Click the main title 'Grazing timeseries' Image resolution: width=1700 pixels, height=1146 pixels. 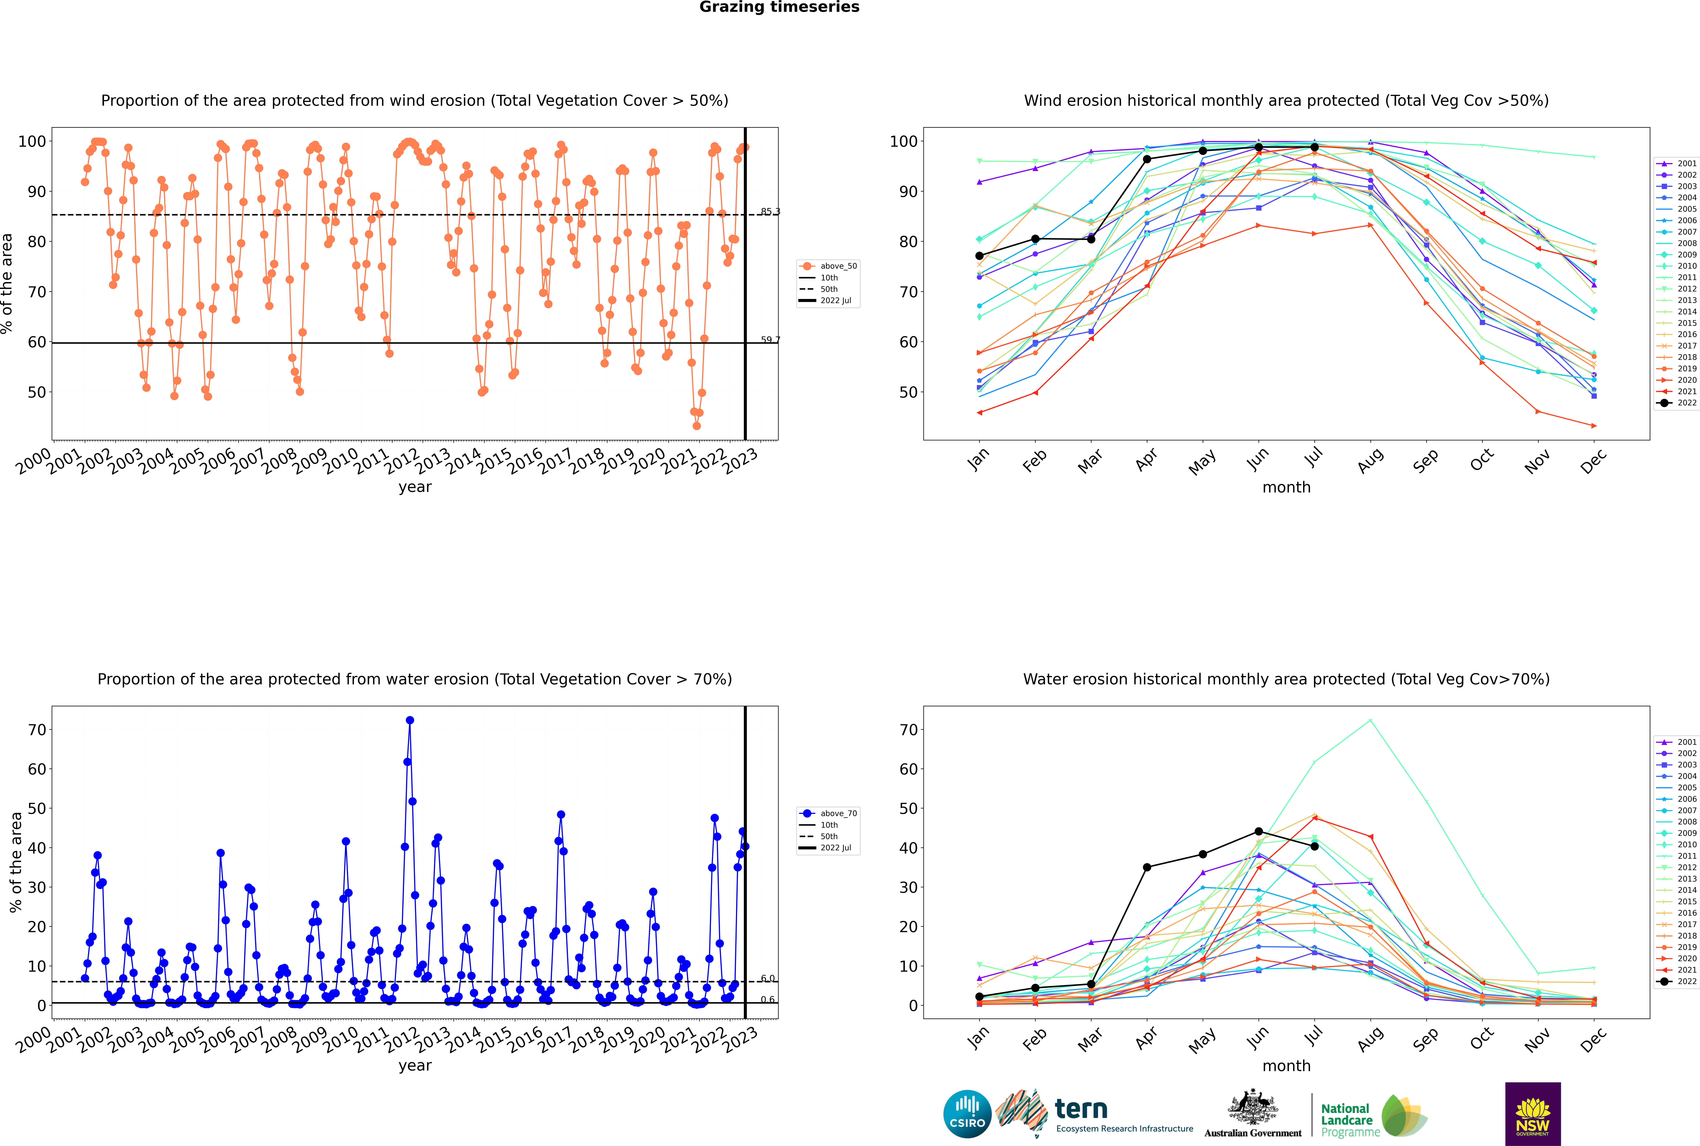tap(779, 7)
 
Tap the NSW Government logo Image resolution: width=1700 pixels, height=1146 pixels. tap(1533, 1113)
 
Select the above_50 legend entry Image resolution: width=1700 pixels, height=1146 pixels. tap(828, 266)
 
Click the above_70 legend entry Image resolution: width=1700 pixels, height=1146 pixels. tap(828, 814)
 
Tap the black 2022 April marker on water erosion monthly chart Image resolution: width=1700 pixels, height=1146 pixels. tap(1147, 868)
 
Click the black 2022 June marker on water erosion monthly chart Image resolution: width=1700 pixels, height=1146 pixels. tap(1259, 832)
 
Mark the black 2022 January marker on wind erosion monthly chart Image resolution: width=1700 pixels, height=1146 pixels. tap(979, 256)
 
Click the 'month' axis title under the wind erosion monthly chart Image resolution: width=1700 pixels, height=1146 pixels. tap(1286, 488)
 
